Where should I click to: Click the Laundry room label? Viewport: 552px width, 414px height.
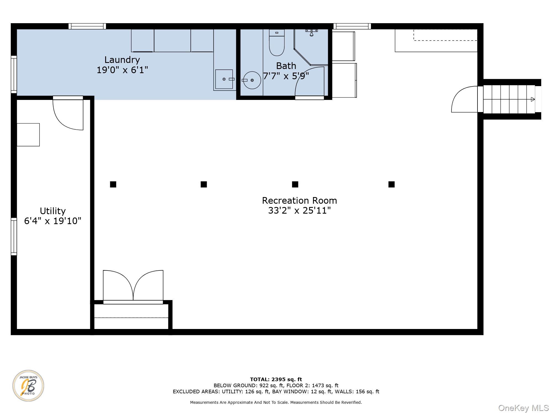[122, 60]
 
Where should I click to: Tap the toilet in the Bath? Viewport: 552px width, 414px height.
[277, 43]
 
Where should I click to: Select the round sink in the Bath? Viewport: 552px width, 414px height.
[252, 80]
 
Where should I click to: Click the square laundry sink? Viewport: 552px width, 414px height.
[224, 79]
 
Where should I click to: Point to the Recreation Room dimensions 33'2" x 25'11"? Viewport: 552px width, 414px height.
[299, 211]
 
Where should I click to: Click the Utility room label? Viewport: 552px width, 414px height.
[53, 211]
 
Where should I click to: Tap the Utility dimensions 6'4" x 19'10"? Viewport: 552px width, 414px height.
[53, 221]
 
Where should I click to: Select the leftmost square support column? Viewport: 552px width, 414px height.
[113, 184]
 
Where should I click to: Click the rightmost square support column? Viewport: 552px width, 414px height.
[391, 184]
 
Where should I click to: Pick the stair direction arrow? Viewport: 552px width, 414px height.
[533, 99]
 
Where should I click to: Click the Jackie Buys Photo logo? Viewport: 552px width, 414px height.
[28, 386]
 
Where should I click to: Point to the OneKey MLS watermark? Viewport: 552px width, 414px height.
[524, 408]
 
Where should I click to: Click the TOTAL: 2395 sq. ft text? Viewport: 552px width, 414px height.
[276, 380]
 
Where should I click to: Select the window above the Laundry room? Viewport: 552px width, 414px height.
[87, 26]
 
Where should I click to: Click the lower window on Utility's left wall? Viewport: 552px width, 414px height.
[14, 237]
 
